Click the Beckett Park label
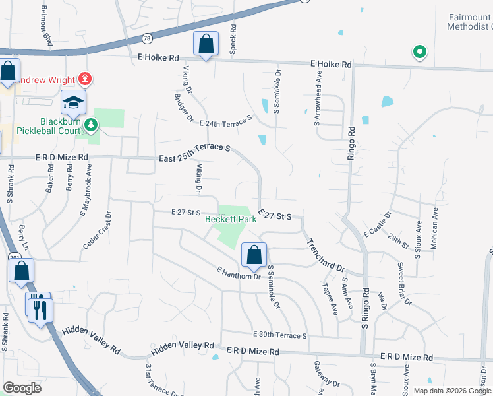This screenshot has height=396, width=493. pyautogui.click(x=230, y=220)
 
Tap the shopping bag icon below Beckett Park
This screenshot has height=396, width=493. pyautogui.click(x=253, y=254)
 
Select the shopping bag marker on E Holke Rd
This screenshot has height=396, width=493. pyautogui.click(x=206, y=44)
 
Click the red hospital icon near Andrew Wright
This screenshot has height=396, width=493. pyautogui.click(x=84, y=79)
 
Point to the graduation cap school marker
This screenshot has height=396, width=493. pyautogui.click(x=74, y=102)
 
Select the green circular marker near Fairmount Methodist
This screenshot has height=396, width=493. pyautogui.click(x=418, y=52)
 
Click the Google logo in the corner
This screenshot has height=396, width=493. pyautogui.click(x=21, y=388)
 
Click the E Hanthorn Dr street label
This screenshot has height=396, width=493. pyautogui.click(x=238, y=273)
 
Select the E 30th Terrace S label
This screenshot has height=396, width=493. pyautogui.click(x=279, y=335)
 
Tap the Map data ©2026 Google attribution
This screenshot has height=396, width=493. pyautogui.click(x=452, y=390)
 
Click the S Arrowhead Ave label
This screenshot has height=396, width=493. pyautogui.click(x=318, y=90)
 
